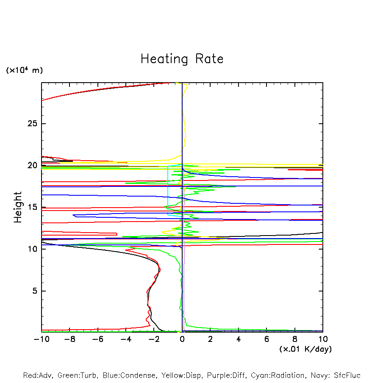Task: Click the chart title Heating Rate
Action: point(182,59)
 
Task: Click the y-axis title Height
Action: point(18,207)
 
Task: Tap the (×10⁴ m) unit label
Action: point(24,70)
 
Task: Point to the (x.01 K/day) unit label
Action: point(305,349)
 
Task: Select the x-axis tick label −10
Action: point(41,339)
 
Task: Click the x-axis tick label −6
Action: point(98,339)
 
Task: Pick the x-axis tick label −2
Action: point(154,339)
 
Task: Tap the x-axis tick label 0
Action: point(182,339)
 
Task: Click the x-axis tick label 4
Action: point(239,339)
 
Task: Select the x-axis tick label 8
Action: point(295,339)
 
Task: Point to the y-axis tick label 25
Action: point(31,124)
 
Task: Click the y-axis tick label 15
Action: point(31,207)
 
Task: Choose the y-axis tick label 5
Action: point(33,291)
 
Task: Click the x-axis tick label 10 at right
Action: point(323,339)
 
